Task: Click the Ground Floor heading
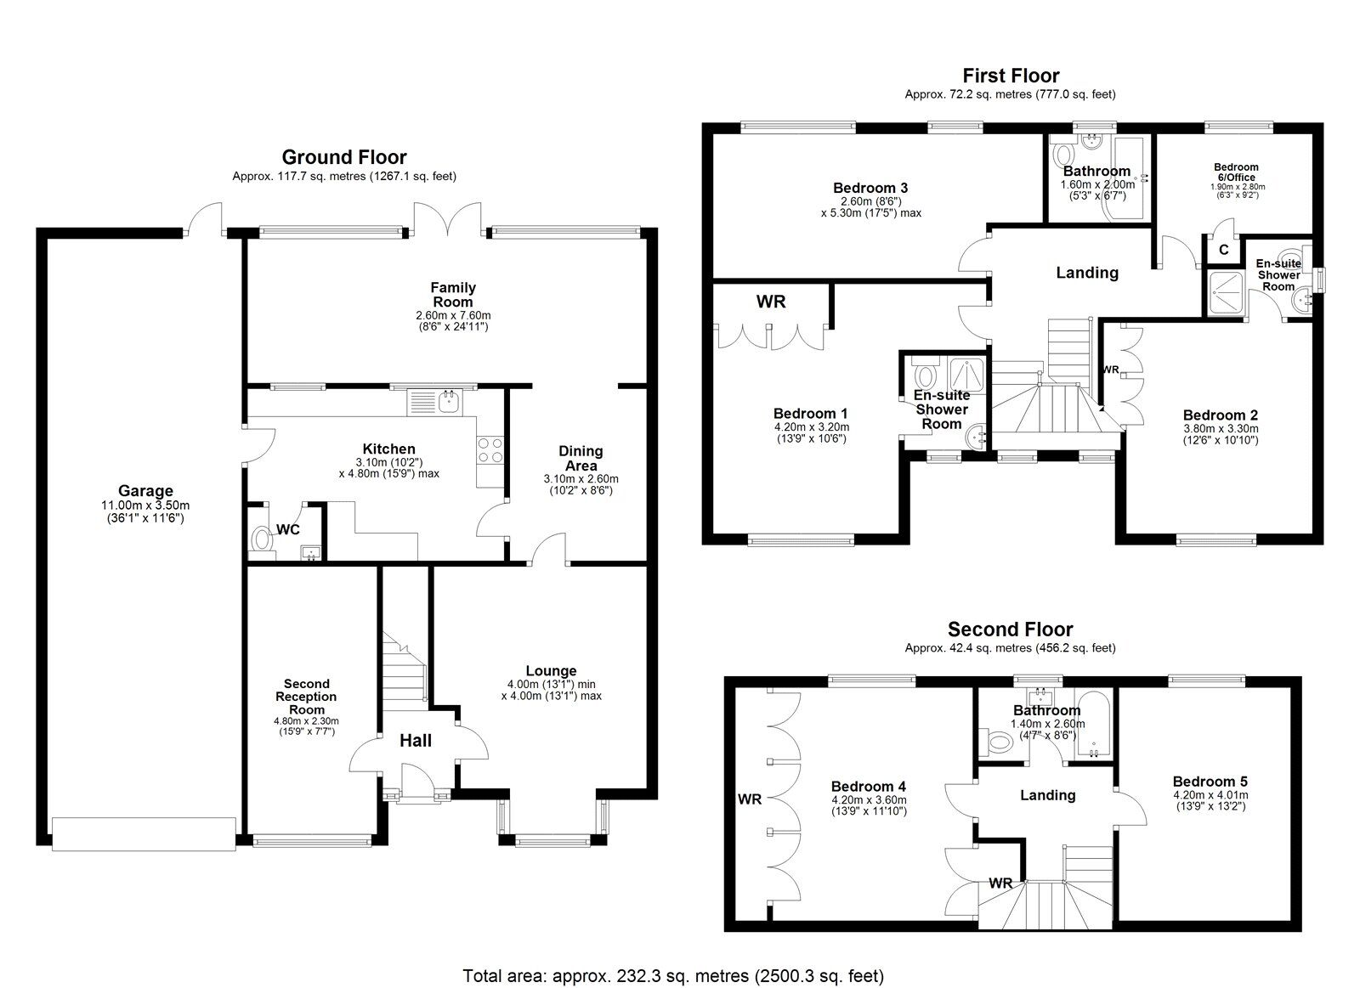pos(344,157)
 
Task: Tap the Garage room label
pos(145,490)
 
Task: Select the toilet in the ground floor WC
pos(261,538)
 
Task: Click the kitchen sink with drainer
pos(434,402)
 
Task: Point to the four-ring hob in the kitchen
pos(490,449)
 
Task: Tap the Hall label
pos(416,741)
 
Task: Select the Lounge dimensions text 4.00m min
pos(552,684)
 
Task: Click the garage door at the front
pos(144,834)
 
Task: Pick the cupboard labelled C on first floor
pos(1224,250)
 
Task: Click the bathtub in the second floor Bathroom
pos(1093,723)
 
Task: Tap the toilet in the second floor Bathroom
pos(995,741)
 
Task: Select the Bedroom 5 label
pos(1210,782)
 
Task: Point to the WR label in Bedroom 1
pos(771,302)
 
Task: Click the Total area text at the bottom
pos(673,958)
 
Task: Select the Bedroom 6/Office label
pos(1236,172)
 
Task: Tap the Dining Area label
pos(581,458)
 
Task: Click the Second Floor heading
pos(1011,629)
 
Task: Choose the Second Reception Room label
pos(307,697)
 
